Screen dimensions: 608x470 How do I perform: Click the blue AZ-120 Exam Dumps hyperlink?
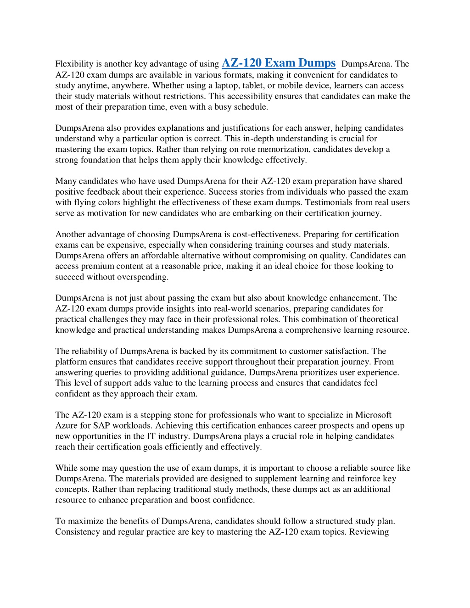coord(279,63)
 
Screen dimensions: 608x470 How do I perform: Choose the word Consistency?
coord(78,532)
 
